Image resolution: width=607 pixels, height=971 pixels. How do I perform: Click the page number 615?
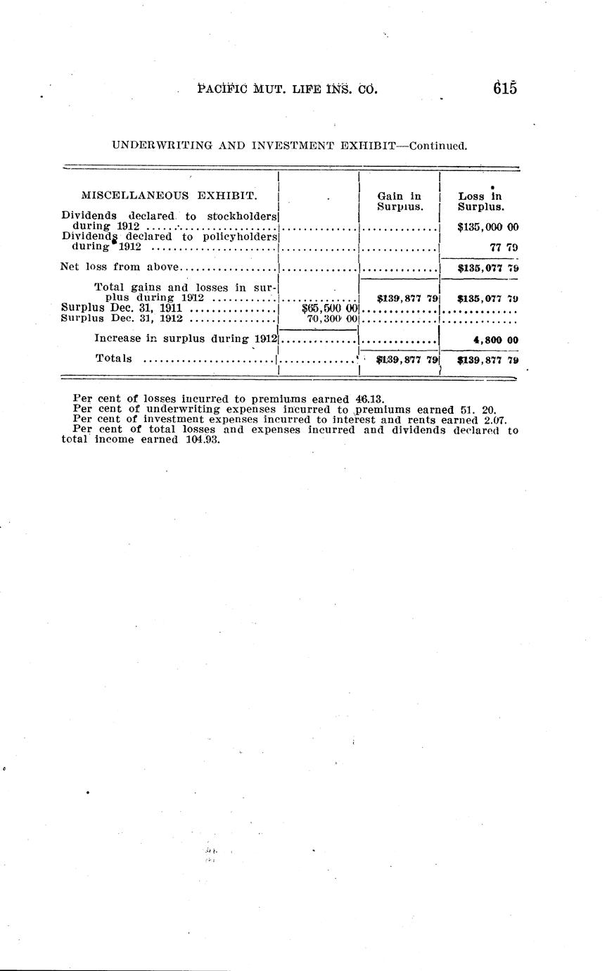(505, 89)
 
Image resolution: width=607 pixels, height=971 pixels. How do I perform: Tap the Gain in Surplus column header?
(399, 201)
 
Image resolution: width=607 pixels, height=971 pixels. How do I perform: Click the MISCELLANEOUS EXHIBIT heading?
(170, 195)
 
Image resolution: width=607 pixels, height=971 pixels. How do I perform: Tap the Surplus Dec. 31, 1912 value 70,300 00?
(333, 318)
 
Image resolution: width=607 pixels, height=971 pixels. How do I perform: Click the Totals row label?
(113, 359)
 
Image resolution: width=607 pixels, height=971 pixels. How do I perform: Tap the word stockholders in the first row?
(241, 216)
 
